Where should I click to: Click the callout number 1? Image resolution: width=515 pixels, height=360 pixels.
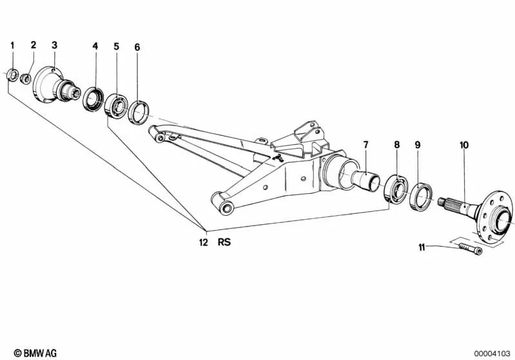(12, 45)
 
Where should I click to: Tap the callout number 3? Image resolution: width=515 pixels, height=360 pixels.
(55, 45)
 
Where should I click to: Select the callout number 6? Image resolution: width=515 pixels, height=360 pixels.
(137, 47)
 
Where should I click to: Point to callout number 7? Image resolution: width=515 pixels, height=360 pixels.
(366, 144)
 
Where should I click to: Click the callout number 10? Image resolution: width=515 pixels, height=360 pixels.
(464, 145)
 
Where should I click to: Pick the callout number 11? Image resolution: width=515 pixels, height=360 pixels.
(422, 247)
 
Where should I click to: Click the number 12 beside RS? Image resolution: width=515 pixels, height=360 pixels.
(204, 243)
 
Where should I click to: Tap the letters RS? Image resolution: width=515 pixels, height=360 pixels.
(224, 242)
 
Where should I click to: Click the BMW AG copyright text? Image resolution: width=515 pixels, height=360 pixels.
(35, 353)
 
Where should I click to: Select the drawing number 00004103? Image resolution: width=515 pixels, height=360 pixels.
(492, 354)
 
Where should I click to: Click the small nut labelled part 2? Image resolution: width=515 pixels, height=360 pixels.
(26, 79)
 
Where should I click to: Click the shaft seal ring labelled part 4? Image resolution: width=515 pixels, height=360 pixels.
(93, 99)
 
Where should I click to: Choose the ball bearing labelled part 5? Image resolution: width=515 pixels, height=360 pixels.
(116, 105)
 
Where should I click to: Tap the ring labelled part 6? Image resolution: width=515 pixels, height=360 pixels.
(139, 113)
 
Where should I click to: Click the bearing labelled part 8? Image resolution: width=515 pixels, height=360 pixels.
(396, 189)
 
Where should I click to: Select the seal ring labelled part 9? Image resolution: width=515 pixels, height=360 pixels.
(421, 197)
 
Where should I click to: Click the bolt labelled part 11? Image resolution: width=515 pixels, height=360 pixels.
(471, 249)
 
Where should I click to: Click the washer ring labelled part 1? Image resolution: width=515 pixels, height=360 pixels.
(12, 75)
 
